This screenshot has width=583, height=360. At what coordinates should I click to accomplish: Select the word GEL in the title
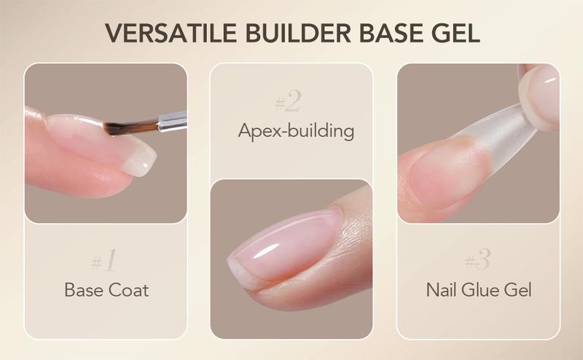pyautogui.click(x=454, y=34)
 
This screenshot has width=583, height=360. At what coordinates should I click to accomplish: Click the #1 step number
pyautogui.click(x=106, y=260)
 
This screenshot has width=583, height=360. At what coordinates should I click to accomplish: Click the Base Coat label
pyautogui.click(x=106, y=290)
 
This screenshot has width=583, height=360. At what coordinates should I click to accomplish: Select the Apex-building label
pyautogui.click(x=296, y=131)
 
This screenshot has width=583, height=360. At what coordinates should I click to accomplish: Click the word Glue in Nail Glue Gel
pyautogui.click(x=481, y=290)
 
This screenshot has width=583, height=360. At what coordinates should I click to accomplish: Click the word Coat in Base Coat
pyautogui.click(x=130, y=290)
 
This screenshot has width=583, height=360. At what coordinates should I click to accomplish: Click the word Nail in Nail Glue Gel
pyautogui.click(x=442, y=290)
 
